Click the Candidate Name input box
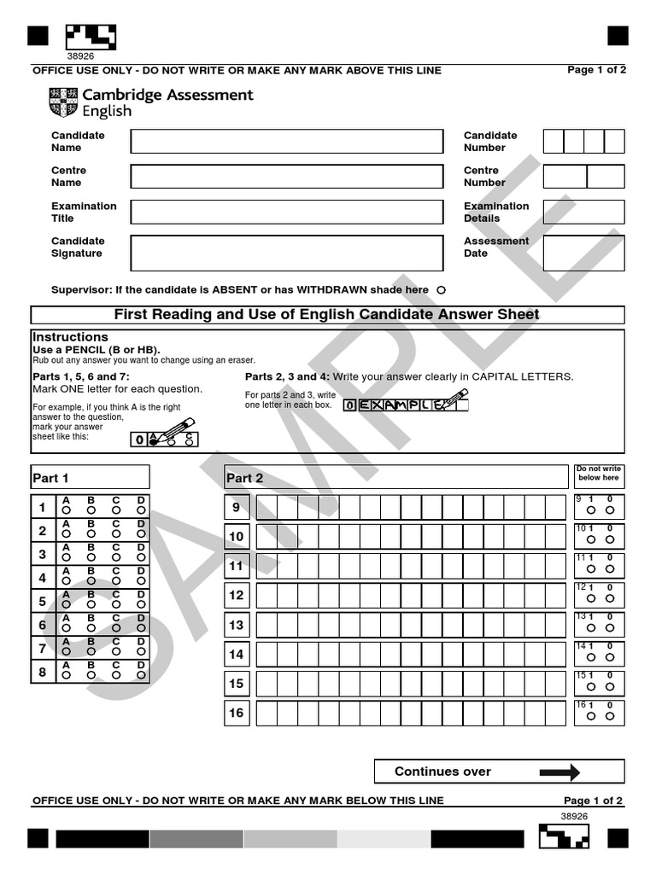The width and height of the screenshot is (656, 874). pos(286,142)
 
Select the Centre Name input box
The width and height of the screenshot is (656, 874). pos(286,177)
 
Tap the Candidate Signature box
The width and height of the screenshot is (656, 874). pos(286,253)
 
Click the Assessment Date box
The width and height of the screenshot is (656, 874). pos(583,253)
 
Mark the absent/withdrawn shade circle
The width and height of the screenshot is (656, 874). pos(441,290)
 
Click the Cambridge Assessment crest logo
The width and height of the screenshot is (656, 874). pos(62,102)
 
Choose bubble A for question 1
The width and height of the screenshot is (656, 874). pos(66,510)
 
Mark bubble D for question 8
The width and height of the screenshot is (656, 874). pos(141,674)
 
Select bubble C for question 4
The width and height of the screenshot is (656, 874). pos(116,580)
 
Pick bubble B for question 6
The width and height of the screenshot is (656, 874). pos(91,627)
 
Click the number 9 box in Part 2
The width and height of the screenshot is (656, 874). pos(237,507)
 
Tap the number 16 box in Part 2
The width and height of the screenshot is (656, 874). pos(237,713)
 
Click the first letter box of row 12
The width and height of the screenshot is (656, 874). pos(266,595)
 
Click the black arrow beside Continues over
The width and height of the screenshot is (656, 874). pos(559,772)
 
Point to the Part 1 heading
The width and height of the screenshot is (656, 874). pos(50,478)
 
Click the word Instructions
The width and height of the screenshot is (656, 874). pos(70,337)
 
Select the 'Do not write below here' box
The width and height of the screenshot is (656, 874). pos(598,474)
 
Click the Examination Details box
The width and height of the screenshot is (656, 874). pos(583,212)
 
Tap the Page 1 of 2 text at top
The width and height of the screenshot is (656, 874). pos(596,70)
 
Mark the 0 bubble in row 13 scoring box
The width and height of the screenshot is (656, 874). pos(610,627)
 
